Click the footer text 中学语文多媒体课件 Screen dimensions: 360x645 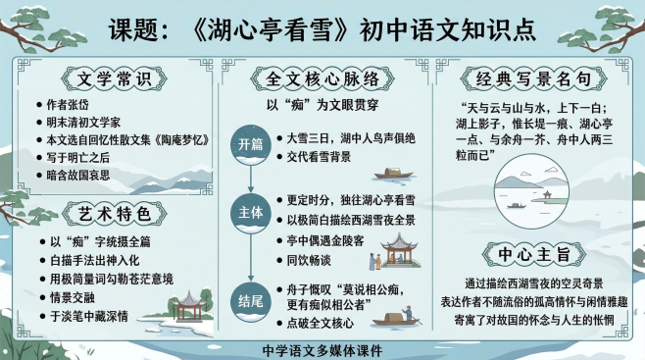(322, 349)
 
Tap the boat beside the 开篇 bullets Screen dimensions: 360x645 (394, 173)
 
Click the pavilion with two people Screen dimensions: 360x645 (396, 252)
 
